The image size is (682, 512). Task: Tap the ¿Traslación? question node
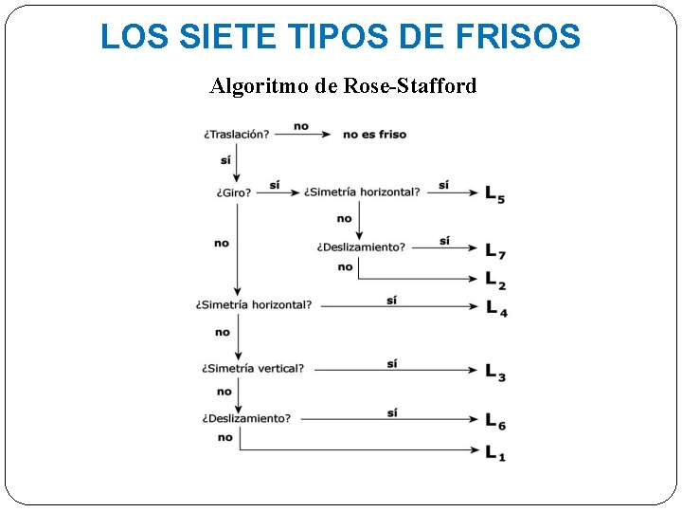(x=236, y=135)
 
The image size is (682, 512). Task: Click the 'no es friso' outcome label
(x=374, y=135)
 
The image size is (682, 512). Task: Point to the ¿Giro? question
(x=233, y=192)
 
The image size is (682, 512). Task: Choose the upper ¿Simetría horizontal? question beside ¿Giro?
(x=362, y=192)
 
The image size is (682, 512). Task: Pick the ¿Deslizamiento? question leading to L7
(x=361, y=247)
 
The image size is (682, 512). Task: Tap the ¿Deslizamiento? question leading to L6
(x=246, y=418)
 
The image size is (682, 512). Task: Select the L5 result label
(x=494, y=194)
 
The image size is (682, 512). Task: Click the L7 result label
(x=495, y=251)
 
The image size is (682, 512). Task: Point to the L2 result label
(x=495, y=280)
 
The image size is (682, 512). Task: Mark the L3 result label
(x=495, y=372)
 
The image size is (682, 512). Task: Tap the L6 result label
(x=495, y=421)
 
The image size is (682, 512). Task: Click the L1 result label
(x=495, y=453)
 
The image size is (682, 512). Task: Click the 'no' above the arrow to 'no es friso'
(x=300, y=126)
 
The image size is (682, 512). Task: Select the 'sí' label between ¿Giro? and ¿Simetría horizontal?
(x=274, y=185)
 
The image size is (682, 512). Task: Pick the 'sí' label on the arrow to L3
(x=392, y=363)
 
